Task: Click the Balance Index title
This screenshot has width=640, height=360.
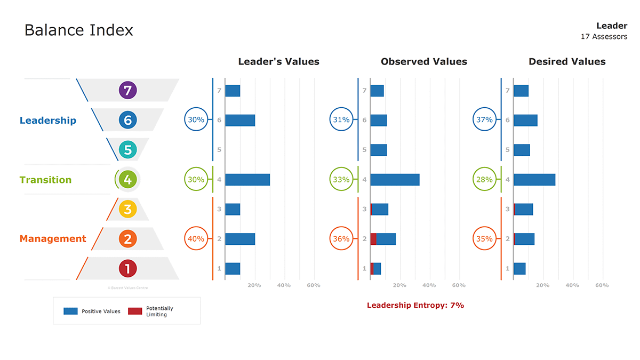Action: click(x=79, y=30)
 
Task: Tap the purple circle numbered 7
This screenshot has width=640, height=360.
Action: click(x=127, y=91)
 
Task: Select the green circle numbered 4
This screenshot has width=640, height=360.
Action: click(x=127, y=180)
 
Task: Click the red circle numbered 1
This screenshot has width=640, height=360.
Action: click(x=127, y=268)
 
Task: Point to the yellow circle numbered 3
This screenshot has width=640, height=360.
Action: click(x=127, y=209)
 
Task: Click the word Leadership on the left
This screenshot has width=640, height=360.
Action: click(x=48, y=121)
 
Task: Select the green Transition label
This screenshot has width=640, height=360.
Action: click(x=45, y=180)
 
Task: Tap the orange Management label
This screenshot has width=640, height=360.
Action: click(x=53, y=239)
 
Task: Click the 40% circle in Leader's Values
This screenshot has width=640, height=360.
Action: click(x=196, y=239)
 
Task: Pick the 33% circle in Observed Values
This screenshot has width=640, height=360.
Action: click(x=341, y=180)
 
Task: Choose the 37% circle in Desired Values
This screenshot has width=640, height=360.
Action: click(x=484, y=120)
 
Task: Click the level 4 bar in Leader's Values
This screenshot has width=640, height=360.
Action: click(x=247, y=180)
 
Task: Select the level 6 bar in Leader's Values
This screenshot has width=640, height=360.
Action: click(x=240, y=120)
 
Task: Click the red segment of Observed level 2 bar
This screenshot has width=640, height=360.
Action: click(x=373, y=239)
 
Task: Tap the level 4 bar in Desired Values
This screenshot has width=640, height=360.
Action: click(x=534, y=180)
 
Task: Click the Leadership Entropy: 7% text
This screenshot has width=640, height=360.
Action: click(x=415, y=306)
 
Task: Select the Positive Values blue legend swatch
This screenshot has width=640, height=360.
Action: click(x=71, y=311)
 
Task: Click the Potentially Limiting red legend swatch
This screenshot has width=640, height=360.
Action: click(x=135, y=311)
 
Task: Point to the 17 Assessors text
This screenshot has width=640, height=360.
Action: click(x=604, y=37)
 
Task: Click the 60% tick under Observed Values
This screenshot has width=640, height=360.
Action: click(x=459, y=285)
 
